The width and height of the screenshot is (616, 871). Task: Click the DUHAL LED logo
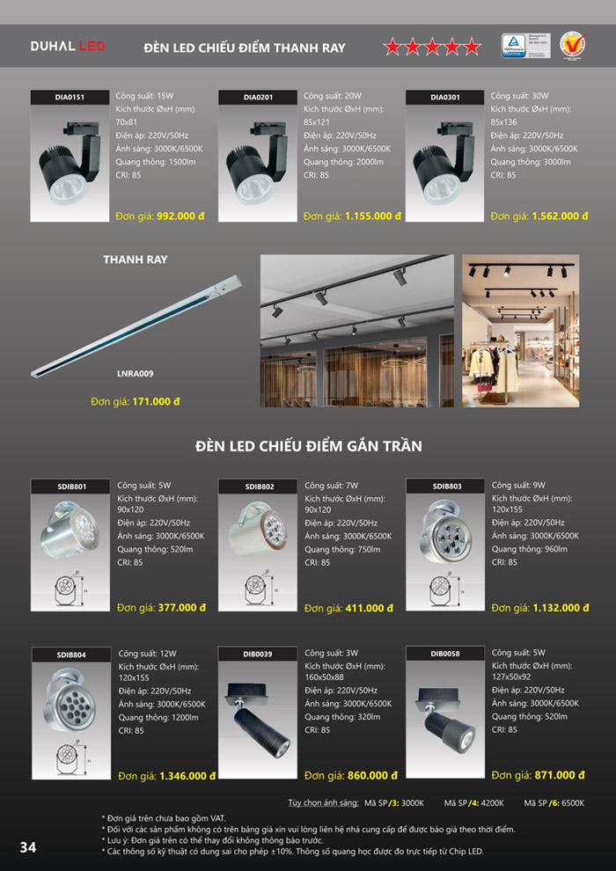click(x=68, y=47)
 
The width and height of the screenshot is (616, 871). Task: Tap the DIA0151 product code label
click(x=70, y=98)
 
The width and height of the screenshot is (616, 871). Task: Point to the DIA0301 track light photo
click(x=445, y=164)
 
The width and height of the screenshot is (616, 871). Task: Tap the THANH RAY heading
click(x=135, y=260)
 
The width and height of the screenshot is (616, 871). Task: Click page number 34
click(x=28, y=847)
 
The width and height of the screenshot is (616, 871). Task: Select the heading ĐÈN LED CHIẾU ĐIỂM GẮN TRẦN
click(x=308, y=447)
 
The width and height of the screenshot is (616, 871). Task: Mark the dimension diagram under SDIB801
click(x=70, y=591)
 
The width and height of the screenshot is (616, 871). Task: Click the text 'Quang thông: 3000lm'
click(x=528, y=163)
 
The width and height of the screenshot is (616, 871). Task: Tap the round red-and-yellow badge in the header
click(x=572, y=46)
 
